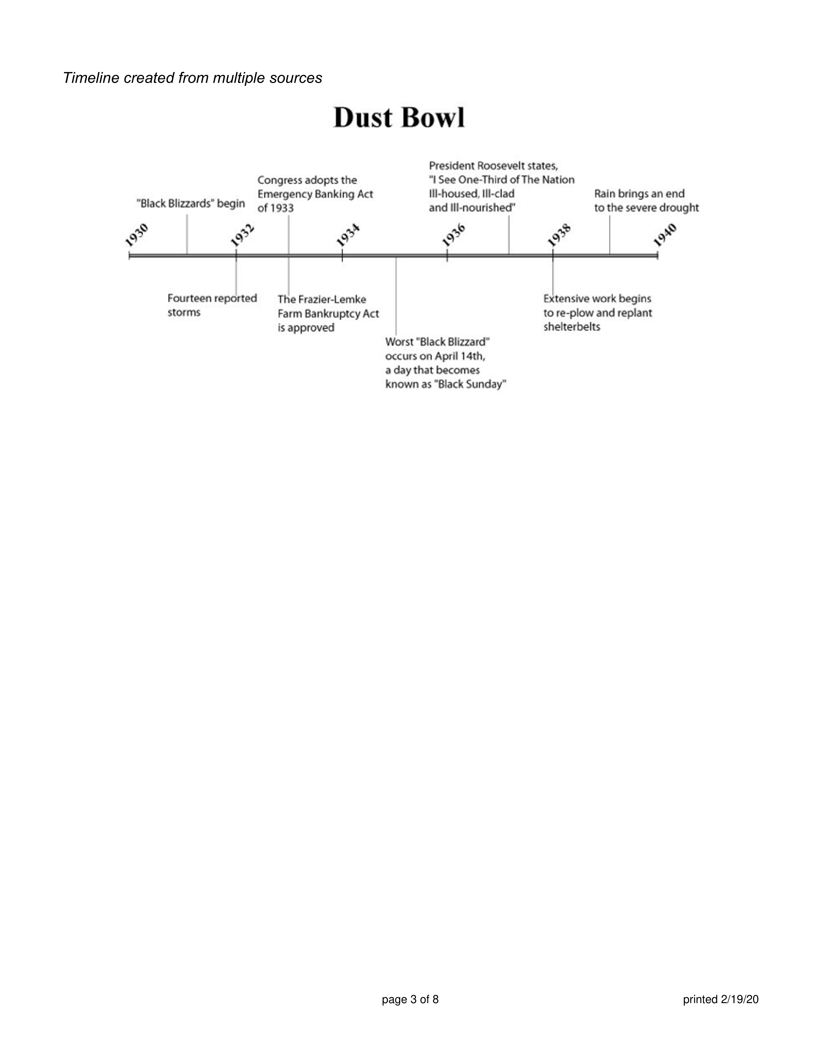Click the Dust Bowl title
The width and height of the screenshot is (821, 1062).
coord(399,118)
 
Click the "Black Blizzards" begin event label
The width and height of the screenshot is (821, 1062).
coord(191,203)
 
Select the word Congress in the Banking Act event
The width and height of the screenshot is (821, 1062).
coord(280,181)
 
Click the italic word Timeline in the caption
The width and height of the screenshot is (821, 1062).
coord(91,78)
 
